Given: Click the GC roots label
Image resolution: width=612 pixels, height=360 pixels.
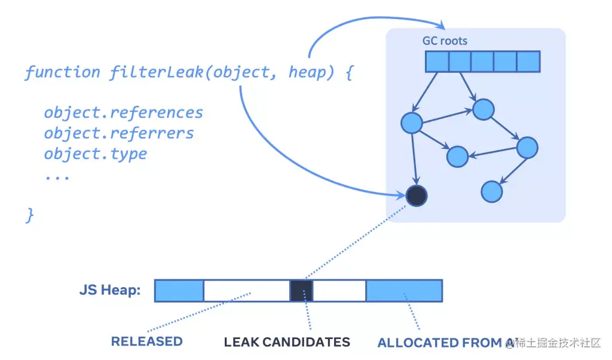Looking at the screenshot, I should (x=445, y=41).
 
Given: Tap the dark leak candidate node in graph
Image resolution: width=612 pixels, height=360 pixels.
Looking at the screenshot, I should (x=416, y=195).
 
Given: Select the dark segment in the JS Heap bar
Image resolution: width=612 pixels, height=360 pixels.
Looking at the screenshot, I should (x=301, y=291).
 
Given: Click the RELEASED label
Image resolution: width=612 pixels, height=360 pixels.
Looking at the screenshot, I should (x=146, y=341).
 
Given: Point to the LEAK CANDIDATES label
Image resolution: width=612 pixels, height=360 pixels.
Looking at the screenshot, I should (x=287, y=342).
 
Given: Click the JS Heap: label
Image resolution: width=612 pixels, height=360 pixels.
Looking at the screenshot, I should (x=110, y=291).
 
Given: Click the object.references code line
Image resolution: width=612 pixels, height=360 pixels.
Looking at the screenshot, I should (x=123, y=112).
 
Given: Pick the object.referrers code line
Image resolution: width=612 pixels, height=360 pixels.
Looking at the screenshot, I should (x=119, y=133).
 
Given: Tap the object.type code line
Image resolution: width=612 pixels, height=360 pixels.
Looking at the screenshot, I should (x=95, y=153).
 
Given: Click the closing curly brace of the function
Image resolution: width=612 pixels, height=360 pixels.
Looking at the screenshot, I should (x=30, y=215).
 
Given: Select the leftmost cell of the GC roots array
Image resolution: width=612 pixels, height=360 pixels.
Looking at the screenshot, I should (x=437, y=62).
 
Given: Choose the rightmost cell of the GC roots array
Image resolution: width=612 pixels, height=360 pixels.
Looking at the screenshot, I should (x=528, y=62).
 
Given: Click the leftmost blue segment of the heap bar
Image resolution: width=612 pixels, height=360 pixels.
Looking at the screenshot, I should (x=179, y=291).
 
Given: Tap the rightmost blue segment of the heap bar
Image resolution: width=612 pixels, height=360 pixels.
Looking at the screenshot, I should (x=404, y=291).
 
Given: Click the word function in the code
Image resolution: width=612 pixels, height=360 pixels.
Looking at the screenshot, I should (x=62, y=72).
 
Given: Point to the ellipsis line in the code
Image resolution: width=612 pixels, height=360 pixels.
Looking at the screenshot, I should (x=57, y=176).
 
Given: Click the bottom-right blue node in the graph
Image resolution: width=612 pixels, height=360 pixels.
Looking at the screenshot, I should (x=491, y=191).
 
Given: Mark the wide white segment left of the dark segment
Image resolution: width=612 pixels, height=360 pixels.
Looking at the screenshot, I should (x=246, y=291).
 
